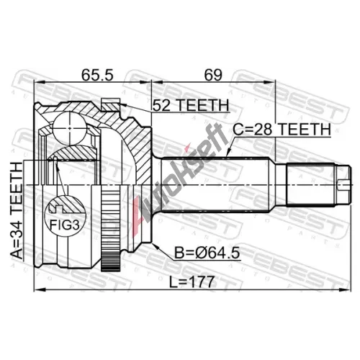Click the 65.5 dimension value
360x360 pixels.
(x=97, y=75)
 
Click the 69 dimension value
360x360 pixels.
(x=213, y=75)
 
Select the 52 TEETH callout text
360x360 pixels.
(x=191, y=105)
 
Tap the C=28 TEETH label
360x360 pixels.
(x=282, y=130)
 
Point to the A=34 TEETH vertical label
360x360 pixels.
(x=17, y=210)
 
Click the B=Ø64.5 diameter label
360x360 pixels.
(x=207, y=253)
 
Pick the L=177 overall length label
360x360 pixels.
(x=192, y=282)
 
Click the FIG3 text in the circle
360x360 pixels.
(x=64, y=225)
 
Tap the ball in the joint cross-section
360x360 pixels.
(x=69, y=128)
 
